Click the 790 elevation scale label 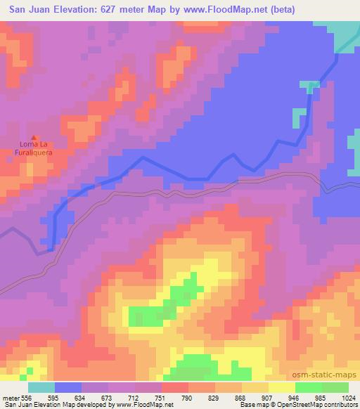coord(188,398)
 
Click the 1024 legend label coord(349,398)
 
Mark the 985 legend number coord(322,398)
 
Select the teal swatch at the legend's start coord(41,387)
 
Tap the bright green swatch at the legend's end coord(335,387)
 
